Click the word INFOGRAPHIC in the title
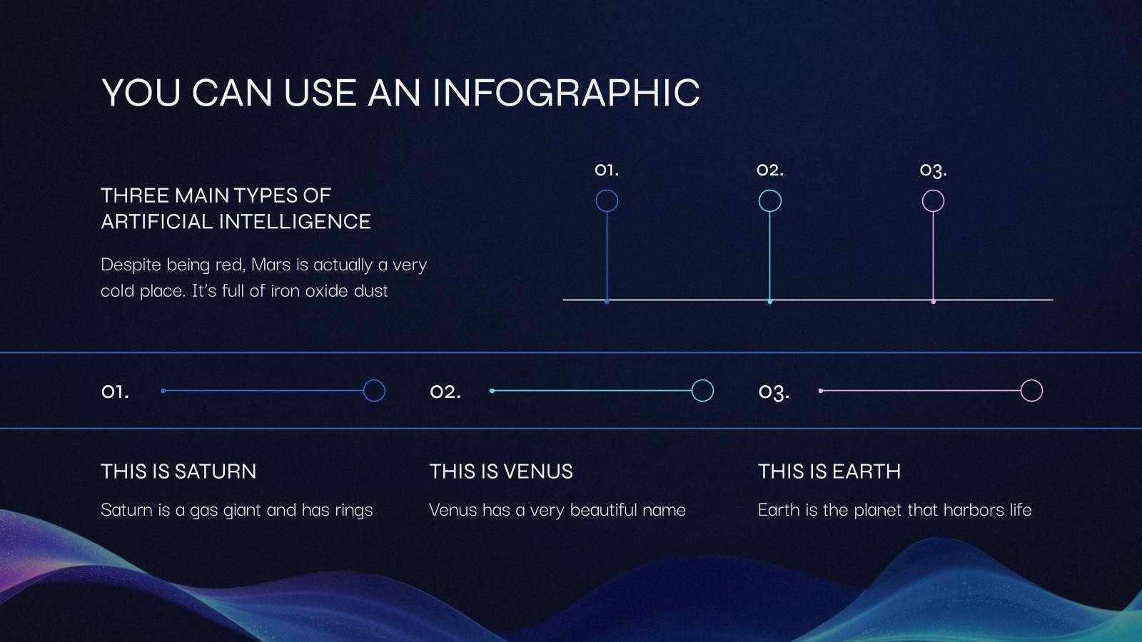(566, 93)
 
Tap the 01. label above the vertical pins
(607, 170)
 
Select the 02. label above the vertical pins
(770, 170)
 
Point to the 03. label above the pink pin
(933, 170)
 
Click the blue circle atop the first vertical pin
(607, 200)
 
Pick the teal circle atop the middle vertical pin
(769, 200)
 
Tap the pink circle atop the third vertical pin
(933, 200)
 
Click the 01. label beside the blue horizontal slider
(115, 392)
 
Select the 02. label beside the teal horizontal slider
(445, 392)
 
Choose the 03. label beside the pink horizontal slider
(774, 392)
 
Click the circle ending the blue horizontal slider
(374, 391)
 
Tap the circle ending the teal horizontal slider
(702, 391)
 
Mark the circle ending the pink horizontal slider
(1031, 391)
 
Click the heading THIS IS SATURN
(178, 472)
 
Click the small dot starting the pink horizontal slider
(821, 391)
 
